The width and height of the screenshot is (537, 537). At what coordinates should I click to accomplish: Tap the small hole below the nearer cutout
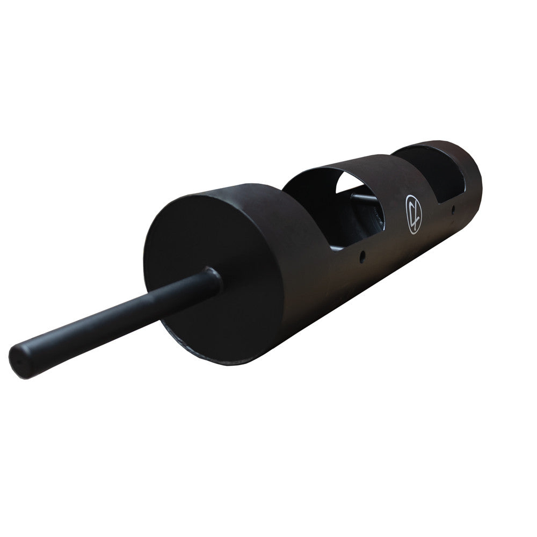coord(363,255)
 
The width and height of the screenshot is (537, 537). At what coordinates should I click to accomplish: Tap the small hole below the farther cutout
coord(454,210)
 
